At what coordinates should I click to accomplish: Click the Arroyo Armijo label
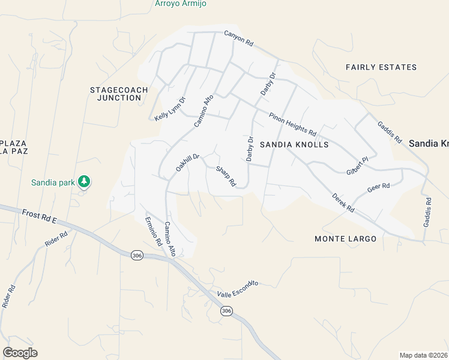181,4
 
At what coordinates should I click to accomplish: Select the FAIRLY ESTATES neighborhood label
381,67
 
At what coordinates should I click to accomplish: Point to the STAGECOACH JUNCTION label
115,94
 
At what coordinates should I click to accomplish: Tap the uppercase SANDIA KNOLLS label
294,145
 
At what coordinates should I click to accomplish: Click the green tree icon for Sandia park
84,181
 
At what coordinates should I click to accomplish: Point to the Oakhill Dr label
187,163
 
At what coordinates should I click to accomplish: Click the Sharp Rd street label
226,176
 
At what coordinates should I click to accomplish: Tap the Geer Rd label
378,187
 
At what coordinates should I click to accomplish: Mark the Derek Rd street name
343,203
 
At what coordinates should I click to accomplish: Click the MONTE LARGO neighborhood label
346,239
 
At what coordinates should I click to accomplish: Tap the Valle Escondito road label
238,287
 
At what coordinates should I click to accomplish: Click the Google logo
20,353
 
